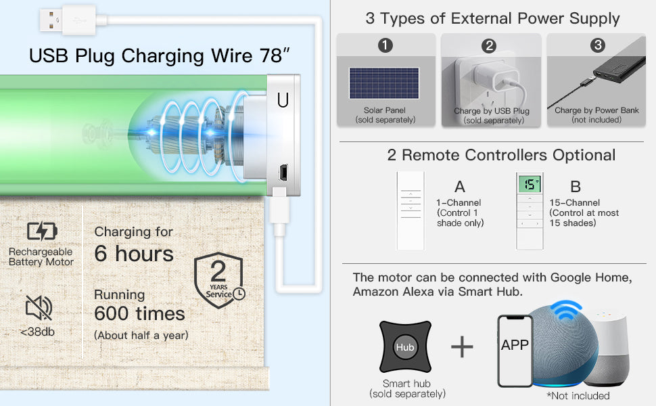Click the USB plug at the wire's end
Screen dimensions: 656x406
pyautogui.click(x=68, y=20)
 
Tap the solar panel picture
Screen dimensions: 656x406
pyautogui.click(x=384, y=83)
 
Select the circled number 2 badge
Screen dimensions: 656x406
pyautogui.click(x=489, y=45)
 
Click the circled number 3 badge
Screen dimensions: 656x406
pyautogui.click(x=597, y=45)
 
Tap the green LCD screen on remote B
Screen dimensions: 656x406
pyautogui.click(x=530, y=184)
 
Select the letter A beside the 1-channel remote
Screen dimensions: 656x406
pyautogui.click(x=460, y=186)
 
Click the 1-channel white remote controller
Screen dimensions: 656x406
pyautogui.click(x=411, y=210)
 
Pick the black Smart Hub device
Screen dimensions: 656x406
pyautogui.click(x=405, y=346)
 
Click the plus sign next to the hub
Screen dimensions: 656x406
pyautogui.click(x=462, y=346)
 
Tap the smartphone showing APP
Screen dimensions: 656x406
pyautogui.click(x=515, y=351)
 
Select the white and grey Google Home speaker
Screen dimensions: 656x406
pyautogui.click(x=607, y=349)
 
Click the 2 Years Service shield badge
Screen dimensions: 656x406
pyautogui.click(x=219, y=280)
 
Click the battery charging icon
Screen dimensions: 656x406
pyautogui.click(x=42, y=231)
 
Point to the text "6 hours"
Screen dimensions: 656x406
pyautogui.click(x=134, y=254)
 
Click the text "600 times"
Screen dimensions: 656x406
pyautogui.click(x=139, y=313)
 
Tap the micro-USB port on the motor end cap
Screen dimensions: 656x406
pyautogui.click(x=283, y=172)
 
